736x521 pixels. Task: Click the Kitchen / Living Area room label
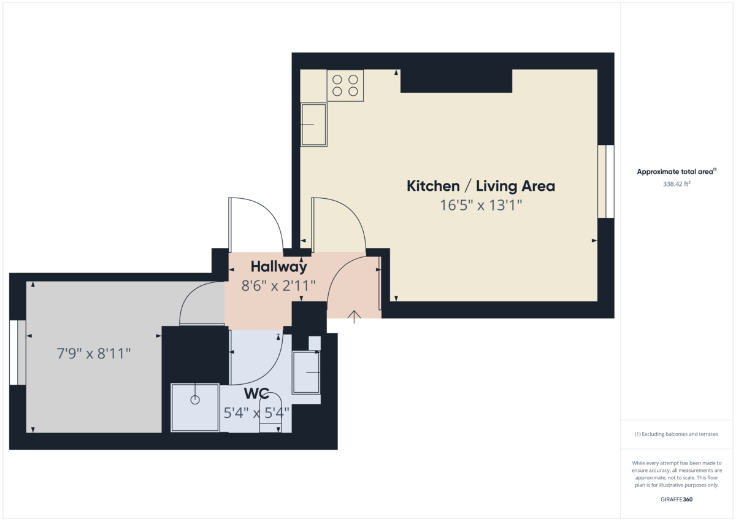(x=481, y=186)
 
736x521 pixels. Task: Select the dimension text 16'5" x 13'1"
(x=481, y=206)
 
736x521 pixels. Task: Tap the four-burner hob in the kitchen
(x=345, y=85)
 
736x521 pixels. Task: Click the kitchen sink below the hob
(x=313, y=125)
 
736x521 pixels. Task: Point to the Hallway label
(x=278, y=267)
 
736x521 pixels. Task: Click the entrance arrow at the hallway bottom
(x=354, y=315)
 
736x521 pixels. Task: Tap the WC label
(x=257, y=393)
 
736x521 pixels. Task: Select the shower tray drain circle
(x=195, y=400)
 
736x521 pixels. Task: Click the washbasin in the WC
(x=306, y=372)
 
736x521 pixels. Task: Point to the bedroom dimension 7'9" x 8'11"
(x=94, y=354)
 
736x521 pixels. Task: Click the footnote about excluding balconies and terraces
(x=677, y=434)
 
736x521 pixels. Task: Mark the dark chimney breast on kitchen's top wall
(x=456, y=80)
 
